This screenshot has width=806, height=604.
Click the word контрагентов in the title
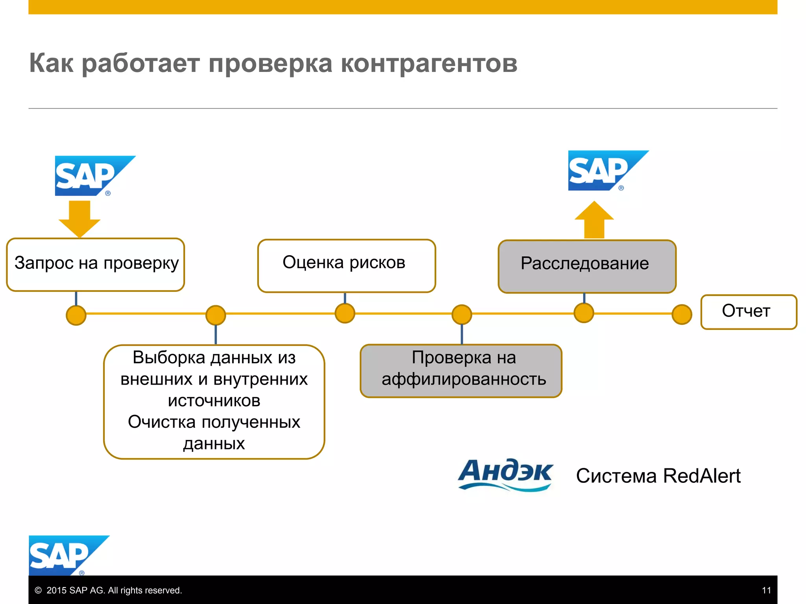pyautogui.click(x=429, y=63)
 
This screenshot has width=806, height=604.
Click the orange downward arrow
pyautogui.click(x=79, y=218)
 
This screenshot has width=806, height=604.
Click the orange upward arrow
pyautogui.click(x=594, y=220)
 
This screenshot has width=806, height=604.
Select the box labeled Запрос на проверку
pyautogui.click(x=96, y=264)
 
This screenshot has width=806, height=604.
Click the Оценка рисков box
pyautogui.click(x=346, y=265)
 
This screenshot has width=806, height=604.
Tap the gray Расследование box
pyautogui.click(x=587, y=266)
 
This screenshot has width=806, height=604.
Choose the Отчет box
pyautogui.click(x=748, y=312)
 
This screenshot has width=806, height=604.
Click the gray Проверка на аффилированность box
pyautogui.click(x=461, y=370)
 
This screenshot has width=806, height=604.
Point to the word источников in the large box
pyautogui.click(x=214, y=401)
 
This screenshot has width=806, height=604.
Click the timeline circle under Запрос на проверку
pyautogui.click(x=76, y=315)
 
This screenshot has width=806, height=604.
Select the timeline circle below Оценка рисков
pyautogui.click(x=345, y=313)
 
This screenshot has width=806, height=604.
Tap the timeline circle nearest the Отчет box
pyautogui.click(x=682, y=314)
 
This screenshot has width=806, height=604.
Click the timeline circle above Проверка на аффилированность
pyautogui.click(x=462, y=314)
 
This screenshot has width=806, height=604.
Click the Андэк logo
pyautogui.click(x=506, y=475)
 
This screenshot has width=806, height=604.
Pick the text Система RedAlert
pyautogui.click(x=658, y=476)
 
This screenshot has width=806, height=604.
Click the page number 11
pyautogui.click(x=766, y=590)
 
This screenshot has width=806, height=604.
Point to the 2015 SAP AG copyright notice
pyautogui.click(x=109, y=590)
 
